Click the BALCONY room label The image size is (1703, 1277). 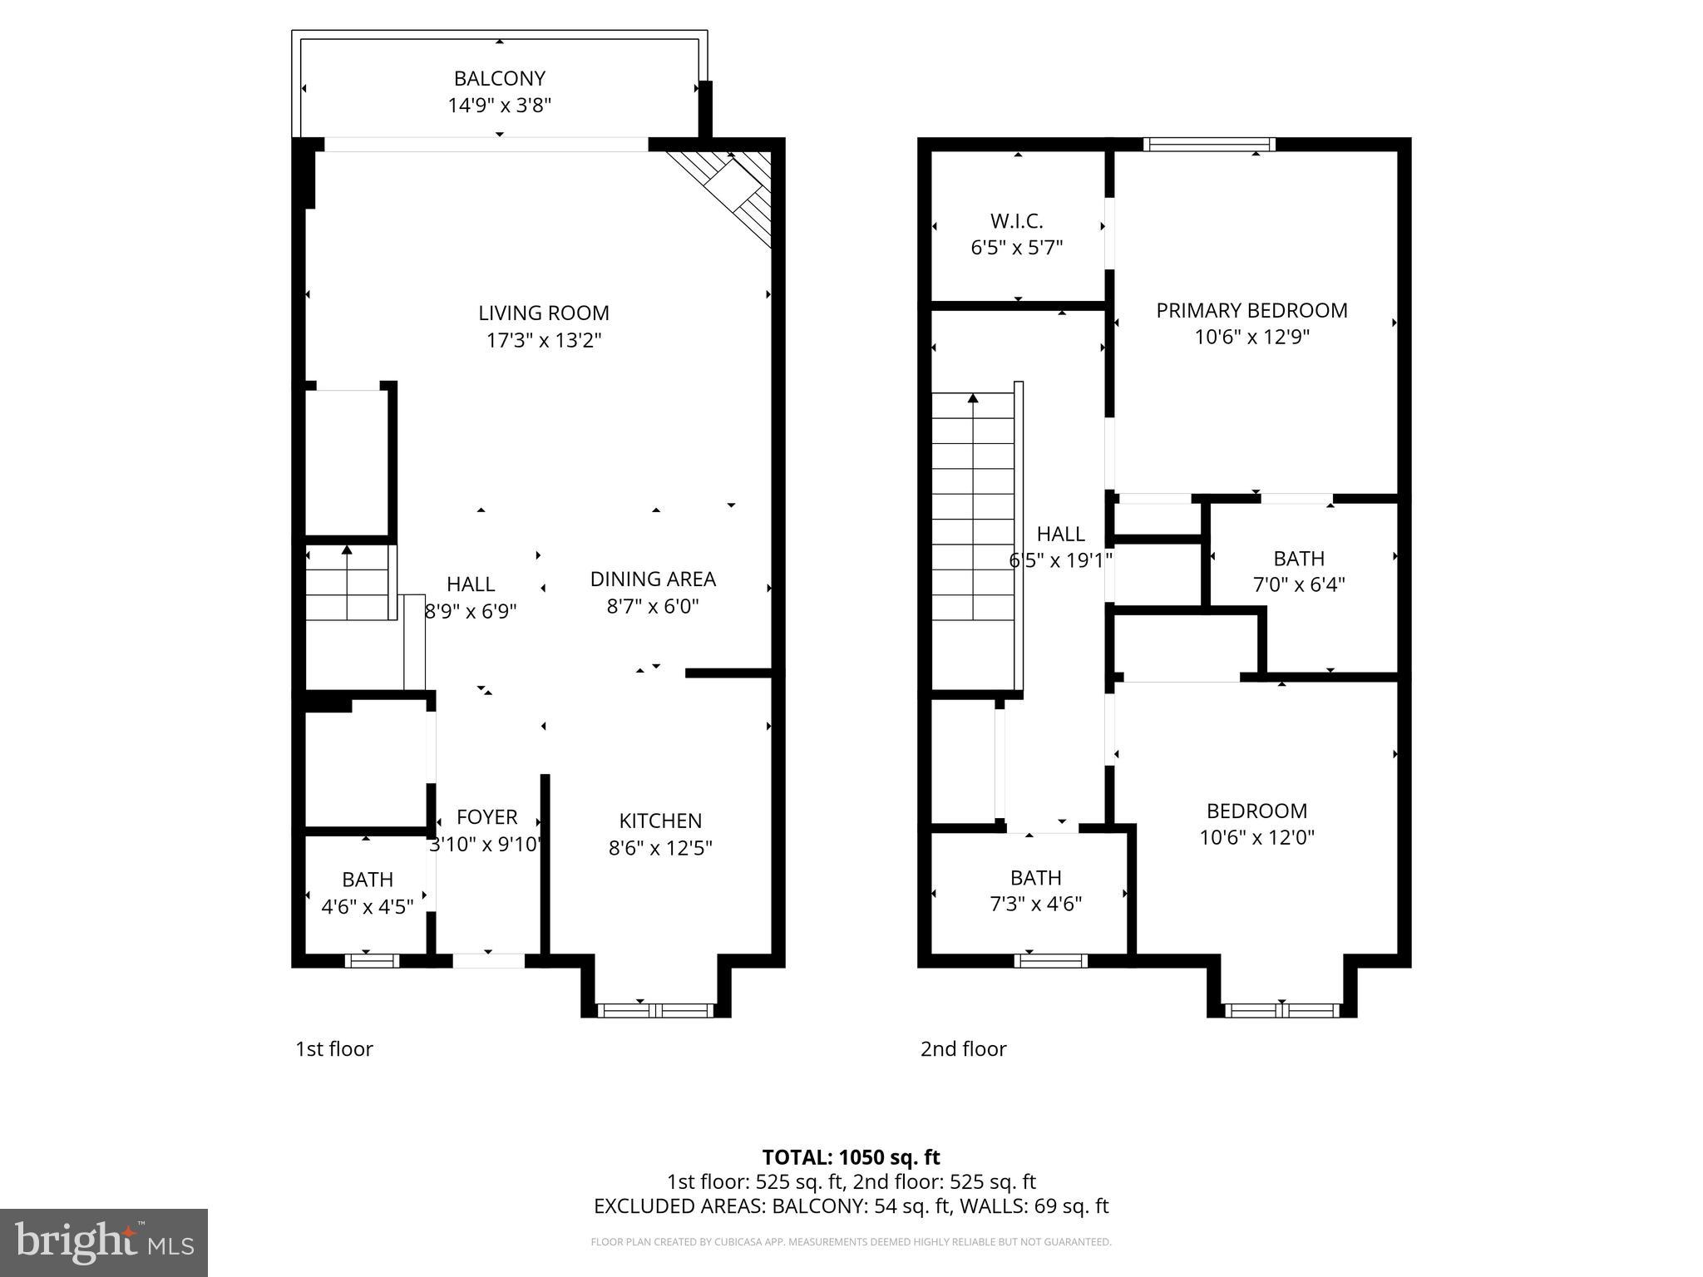tap(499, 78)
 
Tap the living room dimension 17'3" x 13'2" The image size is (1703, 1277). tap(544, 340)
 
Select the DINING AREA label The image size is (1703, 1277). tap(653, 579)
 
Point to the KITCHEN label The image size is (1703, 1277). tap(660, 821)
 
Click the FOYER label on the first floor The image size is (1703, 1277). tap(486, 817)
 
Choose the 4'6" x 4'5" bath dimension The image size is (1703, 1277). tap(367, 906)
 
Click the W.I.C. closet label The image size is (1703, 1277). tap(1016, 221)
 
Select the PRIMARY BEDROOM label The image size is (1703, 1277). tap(1251, 310)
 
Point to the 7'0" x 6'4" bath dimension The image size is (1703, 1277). tap(1298, 584)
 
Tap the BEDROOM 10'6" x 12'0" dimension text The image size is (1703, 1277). tap(1256, 837)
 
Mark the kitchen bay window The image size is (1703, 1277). tap(655, 1010)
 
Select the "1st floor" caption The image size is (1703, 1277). tap(334, 1048)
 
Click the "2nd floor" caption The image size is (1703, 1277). tap(963, 1048)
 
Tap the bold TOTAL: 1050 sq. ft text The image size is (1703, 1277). tap(851, 1157)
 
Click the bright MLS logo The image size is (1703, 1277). tap(104, 1242)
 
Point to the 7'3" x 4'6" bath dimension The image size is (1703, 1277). tap(1035, 904)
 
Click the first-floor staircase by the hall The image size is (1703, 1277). tap(348, 582)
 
